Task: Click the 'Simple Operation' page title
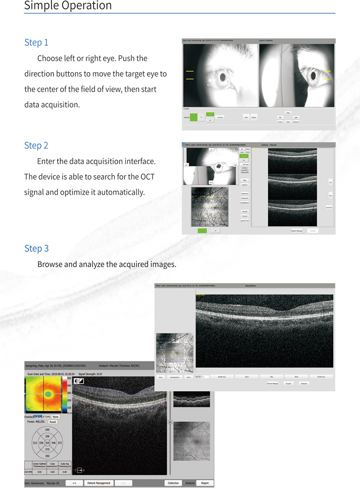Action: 68,6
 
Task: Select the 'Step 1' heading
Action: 36,42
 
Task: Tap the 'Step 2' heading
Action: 36,145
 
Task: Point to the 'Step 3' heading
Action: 36,248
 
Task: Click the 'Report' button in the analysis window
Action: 205,483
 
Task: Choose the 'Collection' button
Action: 173,483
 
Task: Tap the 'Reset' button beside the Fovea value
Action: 53,422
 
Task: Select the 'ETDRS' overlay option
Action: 47,417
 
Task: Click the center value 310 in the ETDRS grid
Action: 47,443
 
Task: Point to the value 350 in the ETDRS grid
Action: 47,456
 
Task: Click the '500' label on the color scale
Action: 69,378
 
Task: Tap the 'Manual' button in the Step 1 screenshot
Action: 254,117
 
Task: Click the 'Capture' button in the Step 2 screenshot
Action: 244,185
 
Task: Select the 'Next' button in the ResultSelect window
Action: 296,376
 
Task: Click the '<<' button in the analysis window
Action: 74,483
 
